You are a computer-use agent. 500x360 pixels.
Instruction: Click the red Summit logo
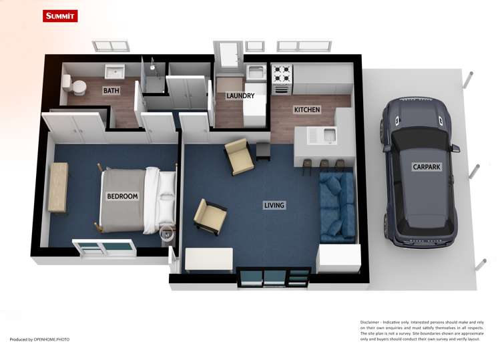[59, 16]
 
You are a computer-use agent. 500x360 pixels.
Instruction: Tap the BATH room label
[111, 90]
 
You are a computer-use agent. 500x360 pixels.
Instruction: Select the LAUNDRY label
[240, 96]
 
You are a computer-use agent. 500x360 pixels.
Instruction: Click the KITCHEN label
[307, 110]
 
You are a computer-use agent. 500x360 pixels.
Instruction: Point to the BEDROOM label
[122, 196]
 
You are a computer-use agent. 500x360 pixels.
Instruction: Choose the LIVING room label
[274, 205]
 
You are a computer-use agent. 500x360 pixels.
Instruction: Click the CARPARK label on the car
[426, 167]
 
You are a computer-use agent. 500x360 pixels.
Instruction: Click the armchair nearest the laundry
[238, 156]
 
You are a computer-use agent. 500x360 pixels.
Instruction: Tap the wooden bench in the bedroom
[58, 188]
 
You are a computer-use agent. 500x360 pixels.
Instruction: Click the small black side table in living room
[263, 150]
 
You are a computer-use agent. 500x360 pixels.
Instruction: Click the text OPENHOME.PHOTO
[51, 339]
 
